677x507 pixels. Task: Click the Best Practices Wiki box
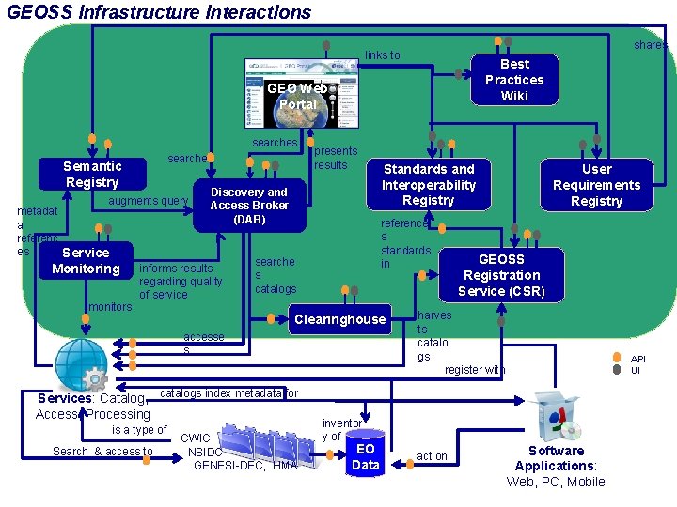pyautogui.click(x=513, y=80)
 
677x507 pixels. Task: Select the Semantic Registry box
pyautogui.click(x=92, y=175)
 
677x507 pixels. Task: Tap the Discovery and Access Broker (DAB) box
pyautogui.click(x=249, y=205)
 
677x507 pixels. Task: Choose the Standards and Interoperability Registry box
pyautogui.click(x=428, y=184)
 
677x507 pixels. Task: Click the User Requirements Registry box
pyautogui.click(x=596, y=185)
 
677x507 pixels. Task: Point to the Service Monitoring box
pyautogui.click(x=86, y=261)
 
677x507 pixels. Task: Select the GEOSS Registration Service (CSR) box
pyautogui.click(x=501, y=275)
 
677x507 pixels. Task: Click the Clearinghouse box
pyautogui.click(x=339, y=319)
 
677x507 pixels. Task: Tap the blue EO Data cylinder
pyautogui.click(x=365, y=456)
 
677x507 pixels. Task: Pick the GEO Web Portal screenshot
pyautogui.click(x=301, y=93)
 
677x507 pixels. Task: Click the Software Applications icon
pyautogui.click(x=558, y=417)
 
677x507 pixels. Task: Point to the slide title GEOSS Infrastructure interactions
pyautogui.click(x=158, y=12)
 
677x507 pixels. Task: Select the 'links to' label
pyautogui.click(x=382, y=55)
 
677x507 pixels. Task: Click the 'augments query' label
pyautogui.click(x=149, y=201)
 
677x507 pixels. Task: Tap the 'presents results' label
pyautogui.click(x=335, y=158)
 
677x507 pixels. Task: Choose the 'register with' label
pyautogui.click(x=475, y=370)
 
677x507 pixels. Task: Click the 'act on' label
pyautogui.click(x=432, y=456)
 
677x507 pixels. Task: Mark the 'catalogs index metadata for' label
pyautogui.click(x=229, y=392)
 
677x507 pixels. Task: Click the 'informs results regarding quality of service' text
pyautogui.click(x=181, y=282)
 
